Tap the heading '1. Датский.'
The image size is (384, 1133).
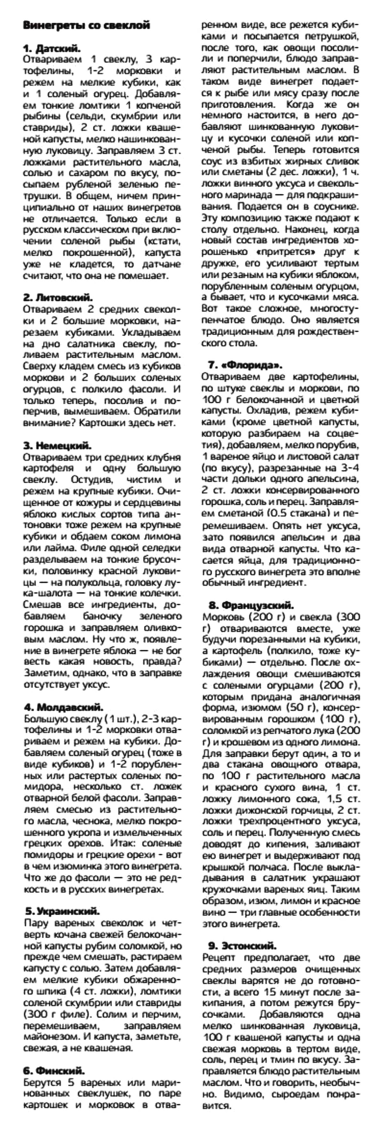click(52, 48)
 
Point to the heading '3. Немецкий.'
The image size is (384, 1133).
click(57, 445)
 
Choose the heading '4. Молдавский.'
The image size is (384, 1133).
click(63, 707)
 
